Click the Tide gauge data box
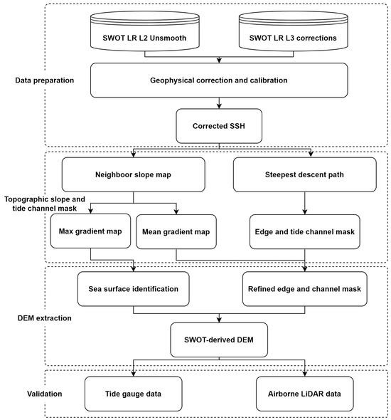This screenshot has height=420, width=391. (x=134, y=392)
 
